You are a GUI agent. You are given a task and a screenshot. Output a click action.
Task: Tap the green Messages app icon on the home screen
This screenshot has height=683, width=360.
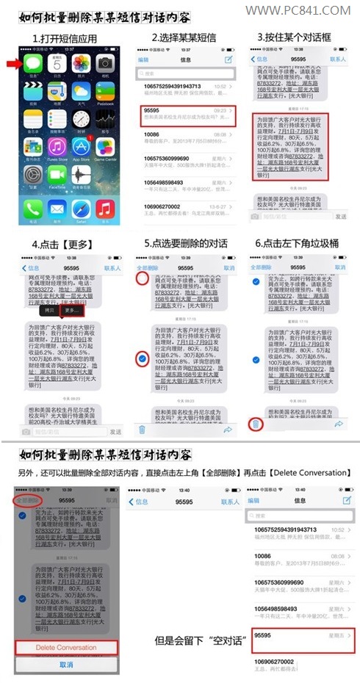[x=33, y=64]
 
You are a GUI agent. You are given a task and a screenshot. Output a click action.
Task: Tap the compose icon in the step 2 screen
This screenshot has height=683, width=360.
[x=228, y=59]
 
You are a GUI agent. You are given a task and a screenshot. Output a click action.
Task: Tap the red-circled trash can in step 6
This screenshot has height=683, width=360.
[x=254, y=425]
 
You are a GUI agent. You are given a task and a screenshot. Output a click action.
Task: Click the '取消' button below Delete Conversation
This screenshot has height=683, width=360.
[x=66, y=663]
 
